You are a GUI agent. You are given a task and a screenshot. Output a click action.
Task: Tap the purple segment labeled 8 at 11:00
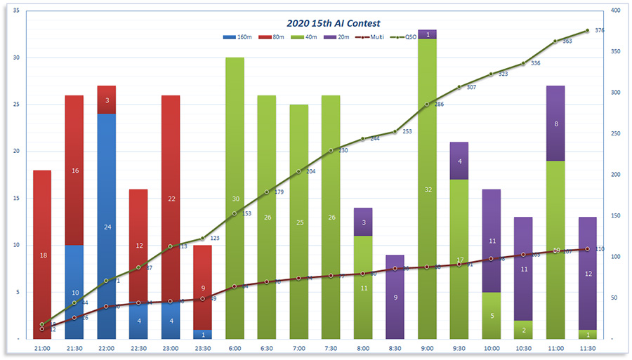pyautogui.click(x=555, y=124)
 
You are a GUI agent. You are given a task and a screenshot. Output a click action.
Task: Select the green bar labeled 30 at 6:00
pyautogui.click(x=235, y=198)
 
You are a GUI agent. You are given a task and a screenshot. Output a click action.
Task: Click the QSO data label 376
pyautogui.click(x=599, y=31)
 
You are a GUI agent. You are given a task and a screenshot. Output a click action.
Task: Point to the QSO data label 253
pyautogui.click(x=407, y=131)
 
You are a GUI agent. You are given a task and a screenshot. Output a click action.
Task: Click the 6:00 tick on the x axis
pyautogui.click(x=235, y=347)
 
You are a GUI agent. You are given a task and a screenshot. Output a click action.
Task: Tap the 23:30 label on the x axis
pyautogui.click(x=202, y=347)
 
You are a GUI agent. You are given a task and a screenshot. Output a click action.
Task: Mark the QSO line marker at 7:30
pyautogui.click(x=331, y=150)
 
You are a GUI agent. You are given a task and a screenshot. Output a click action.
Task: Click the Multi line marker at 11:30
pyautogui.click(x=587, y=249)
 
